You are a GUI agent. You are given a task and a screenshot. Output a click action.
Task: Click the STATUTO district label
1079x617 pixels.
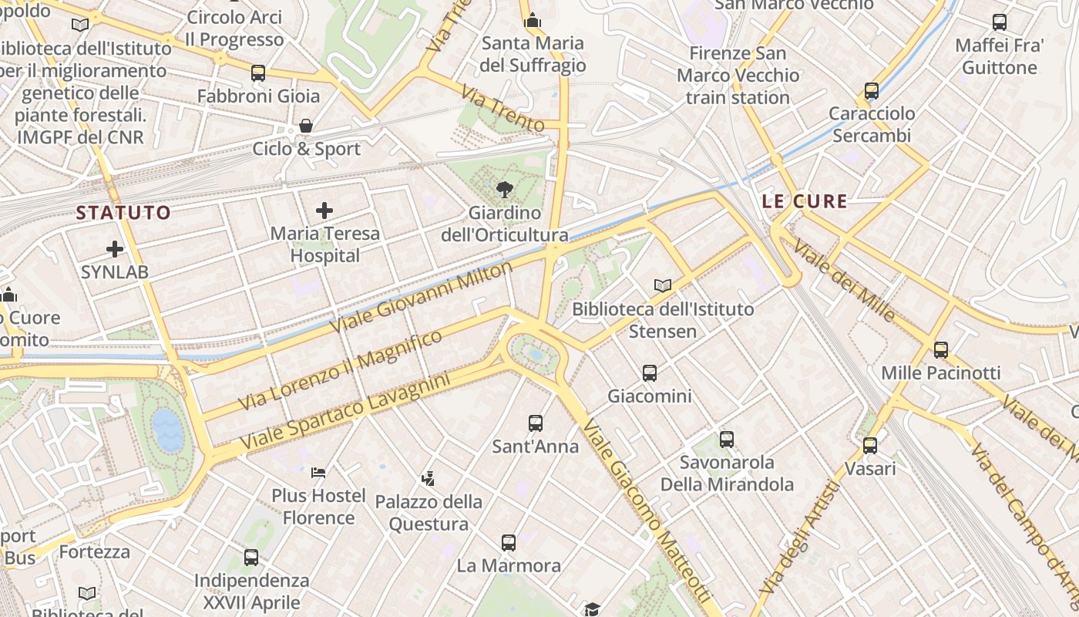(123, 213)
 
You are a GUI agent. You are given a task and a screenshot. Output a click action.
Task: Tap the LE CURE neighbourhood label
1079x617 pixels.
(805, 202)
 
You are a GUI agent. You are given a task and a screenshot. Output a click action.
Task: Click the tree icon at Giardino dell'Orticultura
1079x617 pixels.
(505, 189)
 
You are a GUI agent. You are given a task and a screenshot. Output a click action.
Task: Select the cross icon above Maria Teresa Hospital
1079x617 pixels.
(324, 210)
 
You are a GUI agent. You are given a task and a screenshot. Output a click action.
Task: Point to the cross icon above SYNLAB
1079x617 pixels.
(115, 248)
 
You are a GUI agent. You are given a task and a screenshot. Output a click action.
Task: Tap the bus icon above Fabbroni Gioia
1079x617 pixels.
(258, 73)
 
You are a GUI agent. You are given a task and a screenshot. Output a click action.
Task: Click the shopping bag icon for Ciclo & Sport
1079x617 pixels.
(306, 126)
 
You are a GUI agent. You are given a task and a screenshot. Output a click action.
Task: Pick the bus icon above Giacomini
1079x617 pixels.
(650, 373)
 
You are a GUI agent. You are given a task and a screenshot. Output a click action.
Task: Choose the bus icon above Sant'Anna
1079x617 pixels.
(536, 423)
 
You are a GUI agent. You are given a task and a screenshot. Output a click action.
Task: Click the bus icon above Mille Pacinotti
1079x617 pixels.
(941, 349)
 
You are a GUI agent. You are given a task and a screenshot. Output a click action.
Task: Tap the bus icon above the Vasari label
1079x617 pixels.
(870, 445)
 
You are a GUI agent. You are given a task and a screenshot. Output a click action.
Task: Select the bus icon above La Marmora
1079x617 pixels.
(509, 542)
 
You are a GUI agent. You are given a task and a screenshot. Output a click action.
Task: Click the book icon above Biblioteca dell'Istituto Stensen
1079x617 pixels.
(663, 285)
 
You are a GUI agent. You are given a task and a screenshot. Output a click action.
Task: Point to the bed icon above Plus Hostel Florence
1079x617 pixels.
(318, 472)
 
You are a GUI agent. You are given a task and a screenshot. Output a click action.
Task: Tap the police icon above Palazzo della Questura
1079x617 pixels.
(429, 478)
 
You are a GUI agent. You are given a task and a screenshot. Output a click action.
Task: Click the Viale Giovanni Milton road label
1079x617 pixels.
(422, 297)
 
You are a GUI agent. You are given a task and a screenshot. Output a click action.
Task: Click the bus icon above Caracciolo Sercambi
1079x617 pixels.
(872, 91)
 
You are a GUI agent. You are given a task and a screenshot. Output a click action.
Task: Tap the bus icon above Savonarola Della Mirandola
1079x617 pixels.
(727, 440)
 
